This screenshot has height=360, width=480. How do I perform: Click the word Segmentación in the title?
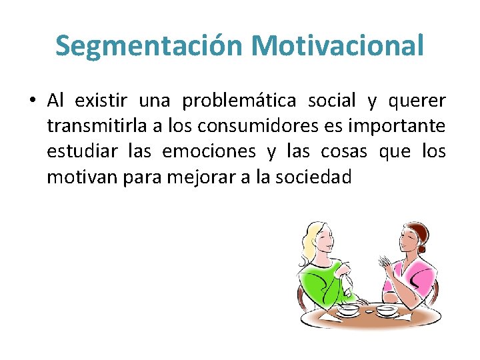[150, 46]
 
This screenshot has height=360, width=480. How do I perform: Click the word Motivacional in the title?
[337, 46]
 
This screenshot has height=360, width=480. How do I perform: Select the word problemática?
[240, 101]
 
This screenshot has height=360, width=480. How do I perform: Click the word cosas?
[343, 152]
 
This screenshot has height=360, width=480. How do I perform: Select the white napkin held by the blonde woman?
[347, 283]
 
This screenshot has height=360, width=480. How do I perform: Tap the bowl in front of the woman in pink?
[386, 310]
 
